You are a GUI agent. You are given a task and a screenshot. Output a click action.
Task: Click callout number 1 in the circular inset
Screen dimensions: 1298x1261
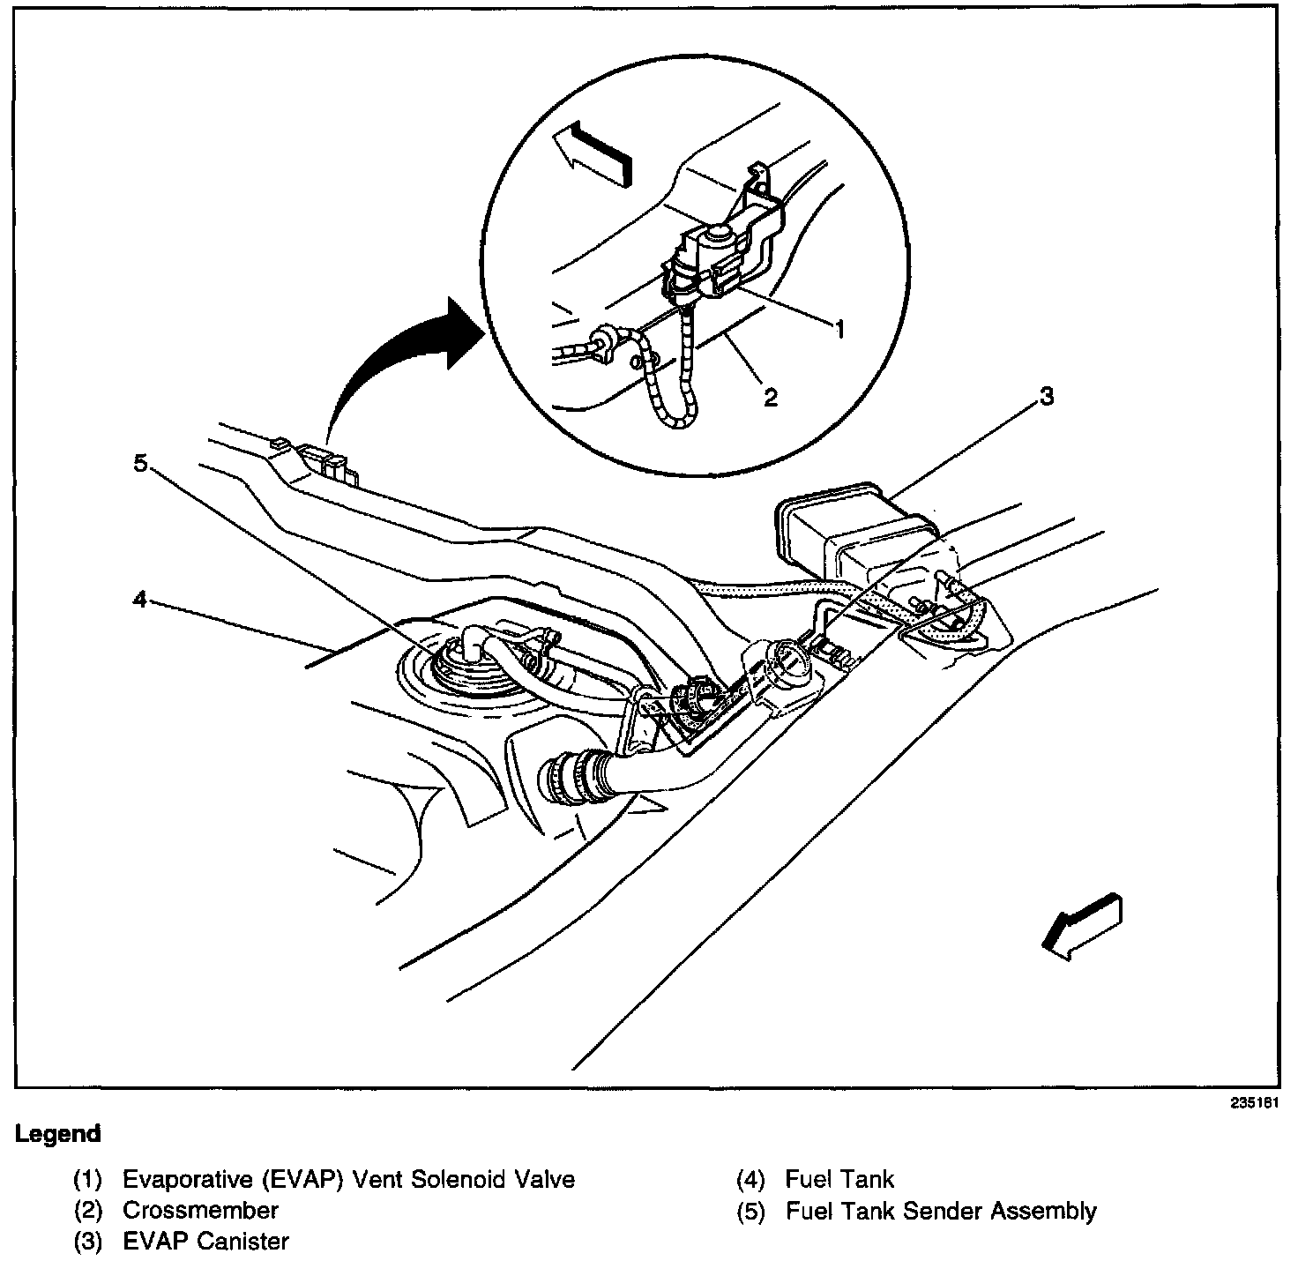pyautogui.click(x=839, y=329)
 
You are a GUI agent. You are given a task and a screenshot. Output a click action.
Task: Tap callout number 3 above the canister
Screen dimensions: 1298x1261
pyautogui.click(x=1045, y=396)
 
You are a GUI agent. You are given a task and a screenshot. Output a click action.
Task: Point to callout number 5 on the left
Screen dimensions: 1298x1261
pyautogui.click(x=140, y=463)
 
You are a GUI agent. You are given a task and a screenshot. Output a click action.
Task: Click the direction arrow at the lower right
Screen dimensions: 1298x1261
pyautogui.click(x=1083, y=927)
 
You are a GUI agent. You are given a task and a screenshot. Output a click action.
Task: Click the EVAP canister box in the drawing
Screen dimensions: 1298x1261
pyautogui.click(x=847, y=529)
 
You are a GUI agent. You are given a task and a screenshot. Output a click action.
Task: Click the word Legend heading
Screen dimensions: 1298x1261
pyautogui.click(x=58, y=1134)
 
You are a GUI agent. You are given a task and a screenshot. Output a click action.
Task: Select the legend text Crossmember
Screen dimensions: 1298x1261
pyautogui.click(x=200, y=1210)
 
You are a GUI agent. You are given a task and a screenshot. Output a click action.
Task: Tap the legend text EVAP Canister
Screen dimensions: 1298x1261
pyautogui.click(x=205, y=1242)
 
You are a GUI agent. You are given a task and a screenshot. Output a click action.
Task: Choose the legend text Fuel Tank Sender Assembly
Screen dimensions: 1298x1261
pyautogui.click(x=941, y=1211)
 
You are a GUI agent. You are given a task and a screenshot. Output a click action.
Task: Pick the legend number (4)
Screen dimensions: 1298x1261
pyautogui.click(x=750, y=1179)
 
